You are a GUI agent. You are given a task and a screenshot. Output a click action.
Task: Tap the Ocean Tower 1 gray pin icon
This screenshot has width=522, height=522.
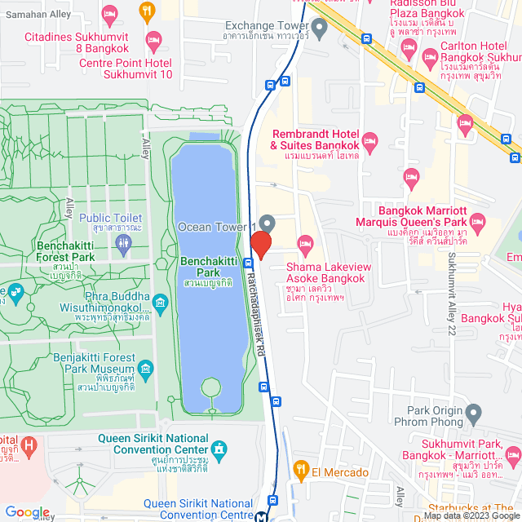pos(268,223)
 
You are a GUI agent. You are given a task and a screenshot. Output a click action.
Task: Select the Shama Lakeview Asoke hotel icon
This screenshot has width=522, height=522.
pos(306,243)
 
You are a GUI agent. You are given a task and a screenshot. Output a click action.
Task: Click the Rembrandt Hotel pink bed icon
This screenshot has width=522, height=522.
pos(369,143)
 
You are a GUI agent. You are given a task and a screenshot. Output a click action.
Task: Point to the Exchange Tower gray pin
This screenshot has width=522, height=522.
pos(320,29)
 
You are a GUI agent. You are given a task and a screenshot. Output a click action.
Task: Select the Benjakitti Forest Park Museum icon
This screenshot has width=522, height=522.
pos(146,369)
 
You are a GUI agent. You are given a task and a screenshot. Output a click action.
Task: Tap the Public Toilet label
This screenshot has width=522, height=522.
pos(111,219)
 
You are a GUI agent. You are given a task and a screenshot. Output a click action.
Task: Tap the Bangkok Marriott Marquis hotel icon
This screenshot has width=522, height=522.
pos(477,220)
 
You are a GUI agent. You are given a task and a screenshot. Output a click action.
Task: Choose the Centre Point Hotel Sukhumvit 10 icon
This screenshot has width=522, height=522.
pos(153,38)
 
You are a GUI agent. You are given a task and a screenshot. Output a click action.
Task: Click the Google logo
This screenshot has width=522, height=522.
pos(27,512)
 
